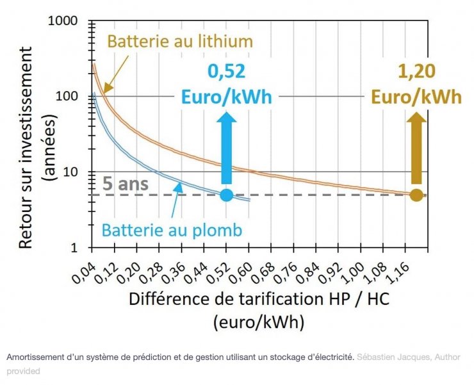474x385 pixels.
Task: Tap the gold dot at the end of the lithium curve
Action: tap(416, 195)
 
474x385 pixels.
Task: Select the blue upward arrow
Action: tap(226, 147)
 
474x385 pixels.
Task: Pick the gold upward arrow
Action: tap(416, 147)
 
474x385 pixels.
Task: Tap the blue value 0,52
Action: tap(226, 72)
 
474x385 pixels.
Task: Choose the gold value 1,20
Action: tap(416, 72)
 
